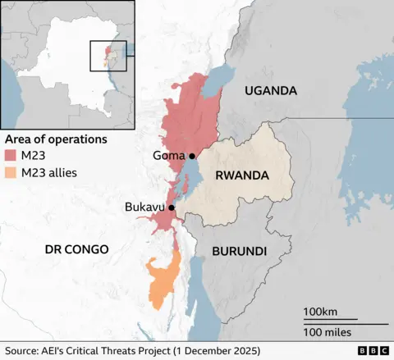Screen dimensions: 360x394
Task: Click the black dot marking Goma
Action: click(x=192, y=156)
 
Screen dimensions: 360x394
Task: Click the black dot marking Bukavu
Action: click(x=172, y=208)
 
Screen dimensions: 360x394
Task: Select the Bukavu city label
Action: click(x=144, y=208)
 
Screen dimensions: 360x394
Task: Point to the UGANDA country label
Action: click(x=270, y=91)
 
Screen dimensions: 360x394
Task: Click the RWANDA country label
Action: click(x=242, y=175)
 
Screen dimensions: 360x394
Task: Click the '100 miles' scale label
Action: click(x=327, y=332)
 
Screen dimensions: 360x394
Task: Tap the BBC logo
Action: click(x=373, y=351)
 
